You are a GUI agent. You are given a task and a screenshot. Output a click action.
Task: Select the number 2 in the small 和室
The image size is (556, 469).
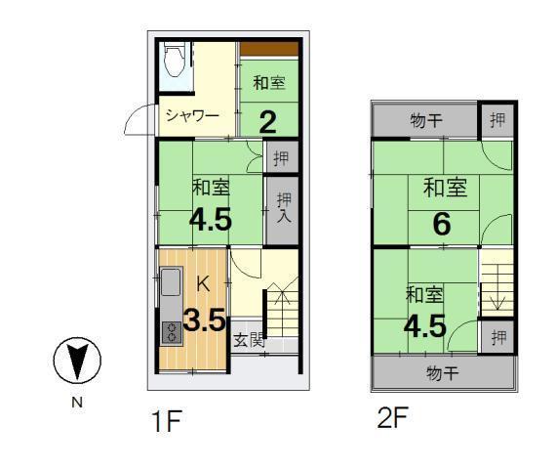point(267,120)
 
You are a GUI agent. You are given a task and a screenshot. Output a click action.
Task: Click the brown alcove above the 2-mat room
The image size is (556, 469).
point(268,49)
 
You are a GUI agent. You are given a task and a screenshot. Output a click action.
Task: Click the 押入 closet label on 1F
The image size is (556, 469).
point(283,208)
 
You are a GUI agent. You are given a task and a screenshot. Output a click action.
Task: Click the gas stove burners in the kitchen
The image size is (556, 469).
point(170,331)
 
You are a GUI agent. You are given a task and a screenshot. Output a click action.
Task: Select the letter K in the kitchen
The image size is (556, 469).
point(203,284)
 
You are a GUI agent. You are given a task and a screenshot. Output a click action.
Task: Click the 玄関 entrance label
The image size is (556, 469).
point(249,340)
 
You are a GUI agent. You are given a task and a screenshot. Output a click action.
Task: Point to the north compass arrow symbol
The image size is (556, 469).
point(76,362)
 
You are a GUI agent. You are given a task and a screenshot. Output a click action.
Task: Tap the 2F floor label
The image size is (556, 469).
point(392,417)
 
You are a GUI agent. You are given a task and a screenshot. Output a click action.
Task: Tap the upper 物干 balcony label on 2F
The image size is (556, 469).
point(426,121)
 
